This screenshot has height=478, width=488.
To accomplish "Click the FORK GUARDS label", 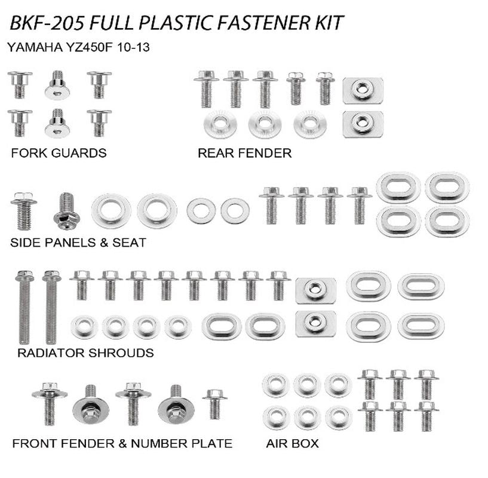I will coord(59,153).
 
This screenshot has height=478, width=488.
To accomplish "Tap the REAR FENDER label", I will coord(244,153).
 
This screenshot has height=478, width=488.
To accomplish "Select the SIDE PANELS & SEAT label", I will coord(78,243).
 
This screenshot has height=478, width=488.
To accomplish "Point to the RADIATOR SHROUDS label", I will coord(85,353).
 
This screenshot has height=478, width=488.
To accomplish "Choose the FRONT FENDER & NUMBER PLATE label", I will coord(122,443).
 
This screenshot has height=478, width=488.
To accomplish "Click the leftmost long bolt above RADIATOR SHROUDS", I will coord(24,307).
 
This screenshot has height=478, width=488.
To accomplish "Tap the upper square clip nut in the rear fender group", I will coord(363,90).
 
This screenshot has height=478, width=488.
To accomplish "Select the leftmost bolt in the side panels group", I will coord(24,211).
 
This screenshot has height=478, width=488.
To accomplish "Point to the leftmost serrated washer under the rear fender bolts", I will coord(220,124).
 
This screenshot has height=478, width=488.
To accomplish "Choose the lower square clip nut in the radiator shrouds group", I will coord(315,323).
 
